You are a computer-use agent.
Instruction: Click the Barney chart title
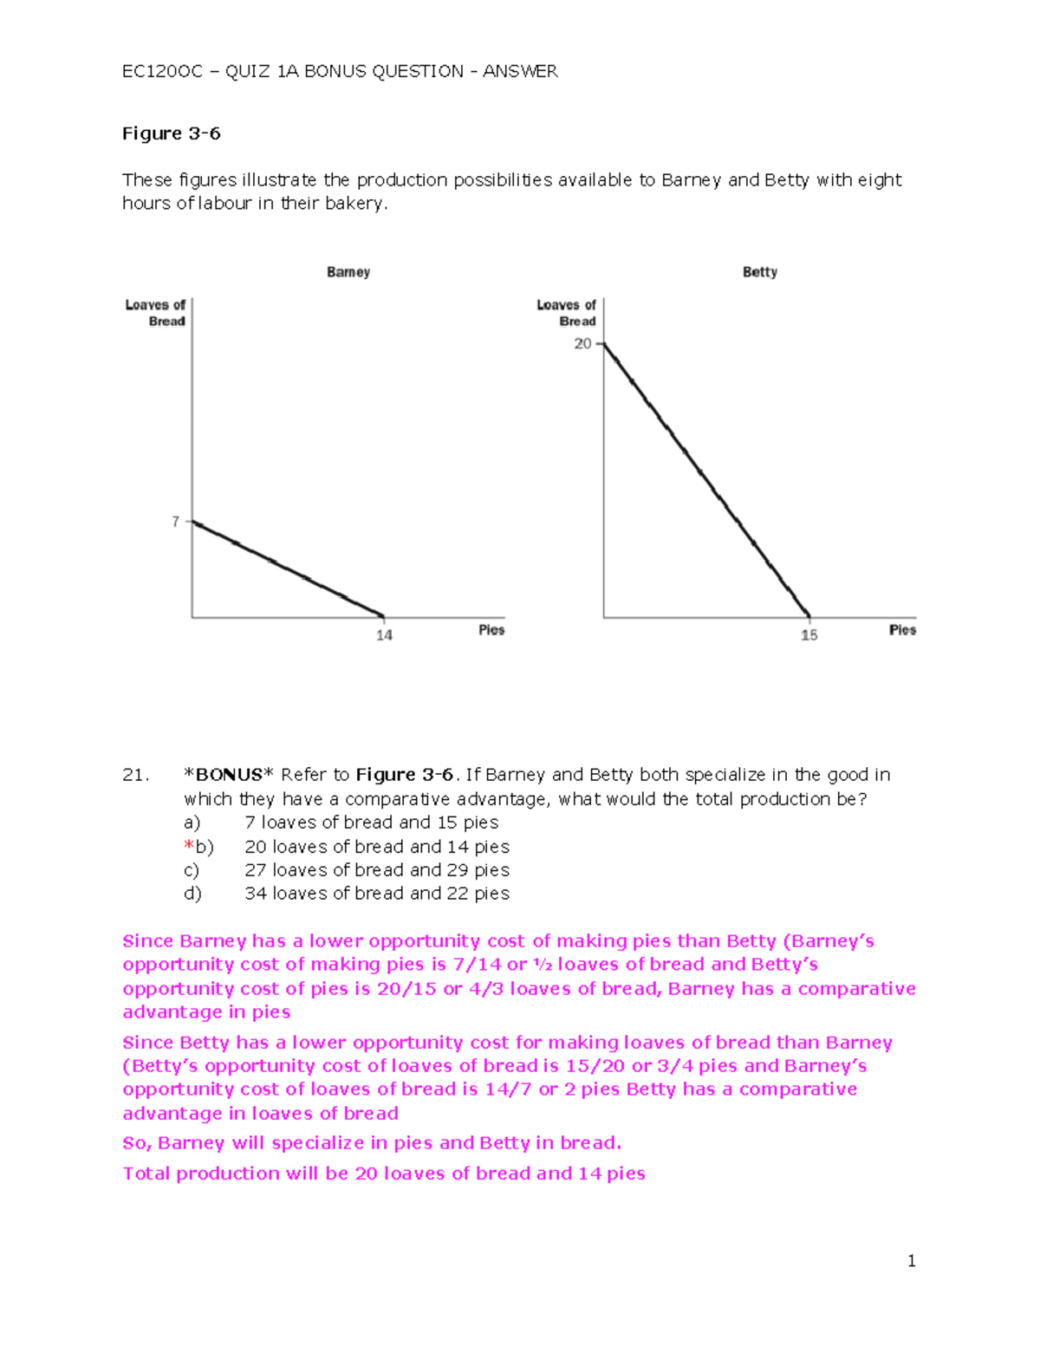pyautogui.click(x=348, y=272)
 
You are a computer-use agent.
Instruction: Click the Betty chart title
pyautogui.click(x=760, y=272)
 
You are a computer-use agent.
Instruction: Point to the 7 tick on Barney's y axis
pyautogui.click(x=176, y=522)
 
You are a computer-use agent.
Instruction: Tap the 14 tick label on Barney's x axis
pyautogui.click(x=384, y=635)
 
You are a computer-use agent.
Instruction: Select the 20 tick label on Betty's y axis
pyautogui.click(x=582, y=344)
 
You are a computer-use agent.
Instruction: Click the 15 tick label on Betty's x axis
pyautogui.click(x=809, y=635)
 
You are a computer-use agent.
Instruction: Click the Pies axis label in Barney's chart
pyautogui.click(x=491, y=630)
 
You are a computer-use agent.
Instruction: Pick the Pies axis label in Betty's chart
pyautogui.click(x=902, y=630)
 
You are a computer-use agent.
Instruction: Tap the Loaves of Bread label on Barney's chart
pyautogui.click(x=156, y=313)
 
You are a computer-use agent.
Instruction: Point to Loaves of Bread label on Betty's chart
pyautogui.click(x=567, y=313)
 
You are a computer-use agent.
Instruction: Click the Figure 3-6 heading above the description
pyautogui.click(x=171, y=133)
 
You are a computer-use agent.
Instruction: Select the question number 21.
pyautogui.click(x=135, y=775)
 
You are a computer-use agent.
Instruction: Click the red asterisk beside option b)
pyautogui.click(x=188, y=846)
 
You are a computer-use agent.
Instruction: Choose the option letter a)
pyautogui.click(x=192, y=823)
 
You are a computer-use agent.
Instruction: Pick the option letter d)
pyautogui.click(x=192, y=894)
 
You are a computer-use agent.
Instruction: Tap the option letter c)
pyautogui.click(x=192, y=870)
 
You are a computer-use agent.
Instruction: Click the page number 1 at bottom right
pyautogui.click(x=911, y=1261)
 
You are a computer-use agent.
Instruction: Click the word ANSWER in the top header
pyautogui.click(x=520, y=71)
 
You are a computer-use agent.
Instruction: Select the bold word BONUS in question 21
pyautogui.click(x=229, y=775)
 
